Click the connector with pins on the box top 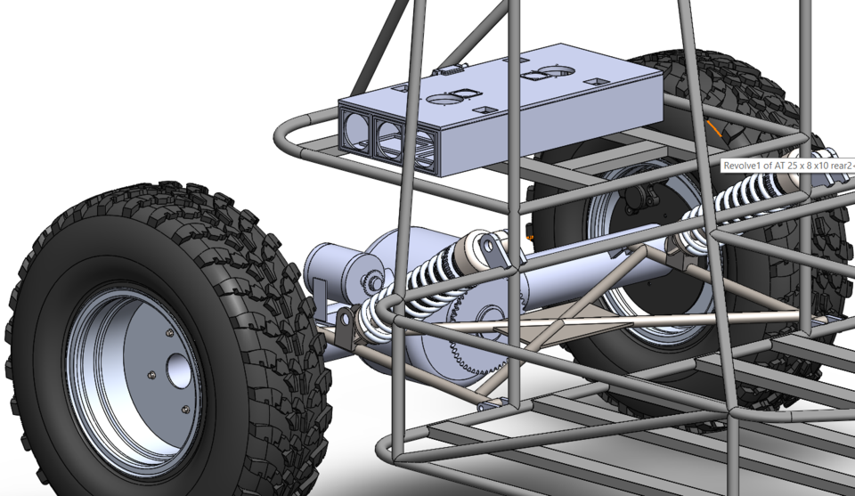pos(448,69)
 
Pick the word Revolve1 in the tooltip pos(745,166)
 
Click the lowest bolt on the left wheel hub pos(184,409)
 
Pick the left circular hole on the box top pos(441,100)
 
